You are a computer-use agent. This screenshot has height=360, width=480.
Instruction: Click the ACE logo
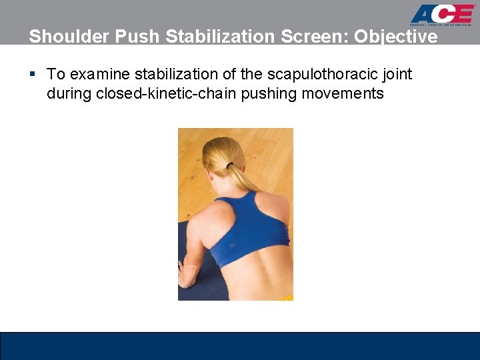[x=442, y=15]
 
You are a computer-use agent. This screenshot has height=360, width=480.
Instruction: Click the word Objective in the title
[x=396, y=37]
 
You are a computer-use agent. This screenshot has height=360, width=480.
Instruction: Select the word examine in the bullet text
[x=95, y=74]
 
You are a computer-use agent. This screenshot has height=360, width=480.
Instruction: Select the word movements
[x=343, y=93]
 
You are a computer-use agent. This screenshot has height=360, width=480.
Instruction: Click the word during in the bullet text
[x=69, y=93]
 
